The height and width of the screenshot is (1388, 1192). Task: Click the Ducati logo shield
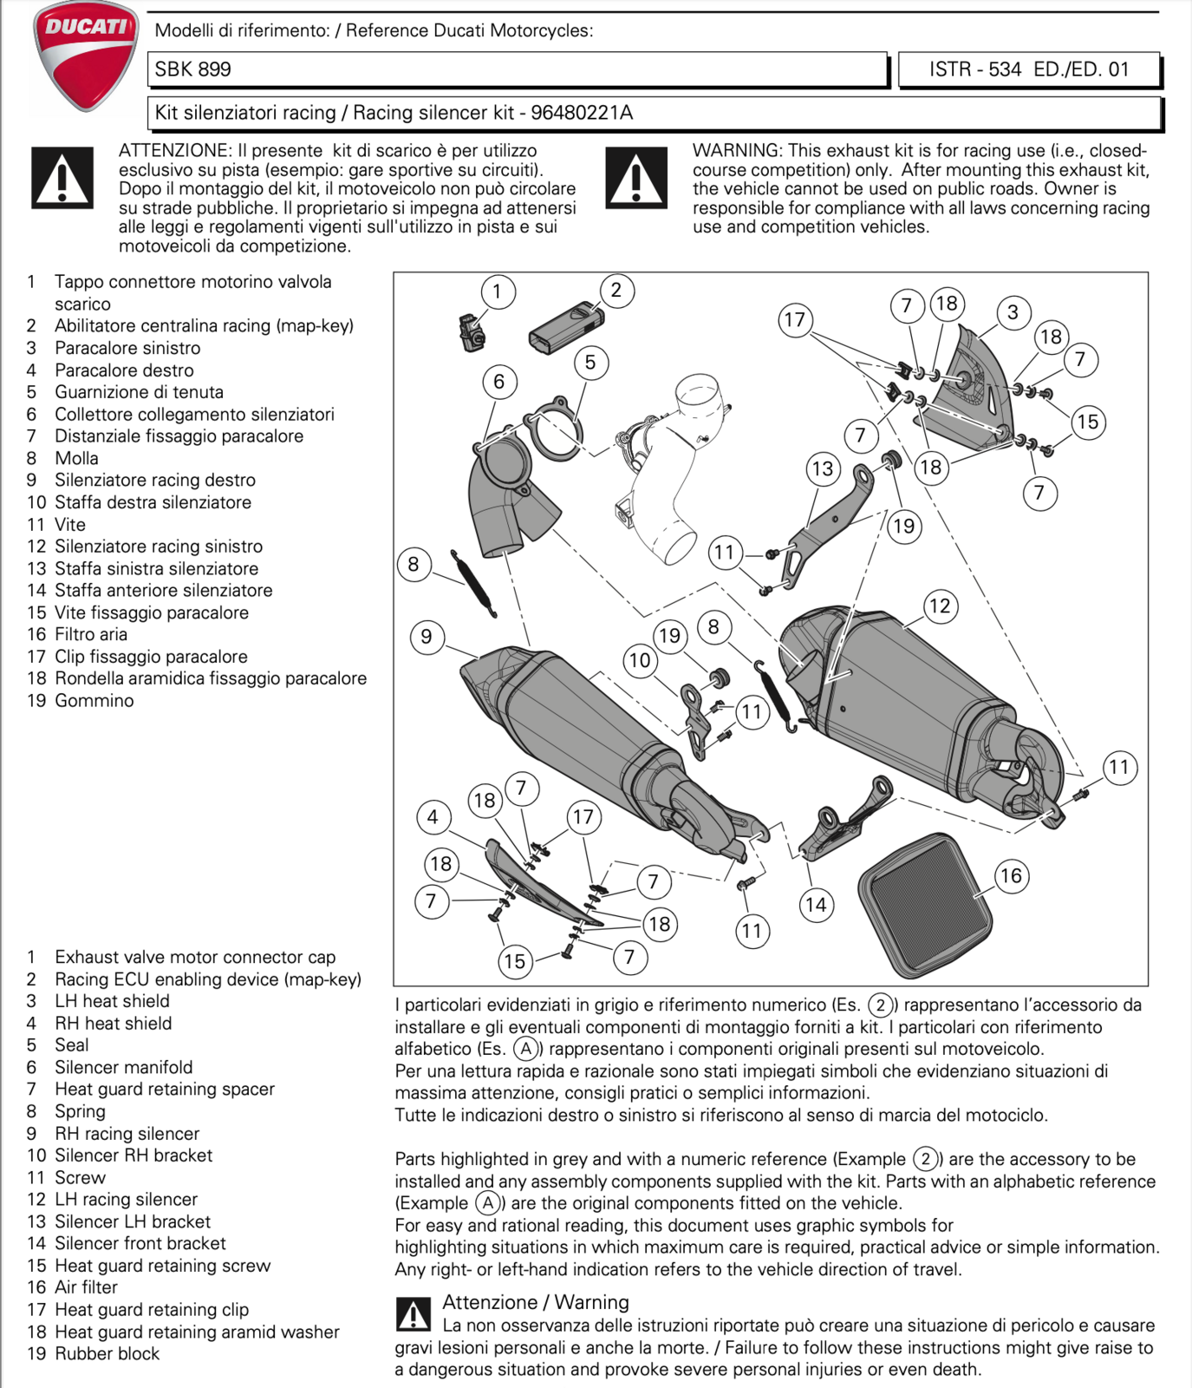pos(85,56)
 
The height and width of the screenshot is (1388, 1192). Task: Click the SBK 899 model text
pos(193,69)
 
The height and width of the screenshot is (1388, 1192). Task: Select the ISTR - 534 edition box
pos(1028,69)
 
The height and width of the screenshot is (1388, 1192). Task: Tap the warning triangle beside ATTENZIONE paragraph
pos(62,178)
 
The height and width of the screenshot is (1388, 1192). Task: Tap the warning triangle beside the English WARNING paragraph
pos(636,178)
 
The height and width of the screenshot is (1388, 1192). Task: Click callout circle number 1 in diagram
pos(497,291)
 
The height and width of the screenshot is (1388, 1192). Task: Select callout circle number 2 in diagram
pos(616,290)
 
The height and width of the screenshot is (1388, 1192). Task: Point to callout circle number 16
pos(1011,875)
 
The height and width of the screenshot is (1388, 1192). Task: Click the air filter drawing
pos(925,905)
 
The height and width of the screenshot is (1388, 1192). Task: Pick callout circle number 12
pos(940,606)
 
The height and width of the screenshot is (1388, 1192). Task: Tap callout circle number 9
pos(426,637)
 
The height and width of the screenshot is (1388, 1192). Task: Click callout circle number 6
pos(498,382)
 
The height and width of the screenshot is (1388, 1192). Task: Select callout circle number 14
pos(816,905)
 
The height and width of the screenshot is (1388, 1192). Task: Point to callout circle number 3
pos(1013,312)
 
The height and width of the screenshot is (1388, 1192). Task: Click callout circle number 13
pos(822,469)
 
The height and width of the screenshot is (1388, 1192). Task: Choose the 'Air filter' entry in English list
pos(86,1287)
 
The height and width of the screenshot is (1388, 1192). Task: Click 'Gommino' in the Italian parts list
pos(94,701)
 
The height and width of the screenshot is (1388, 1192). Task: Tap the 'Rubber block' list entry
pos(107,1353)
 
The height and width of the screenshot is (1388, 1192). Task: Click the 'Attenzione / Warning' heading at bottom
pos(535,1302)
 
